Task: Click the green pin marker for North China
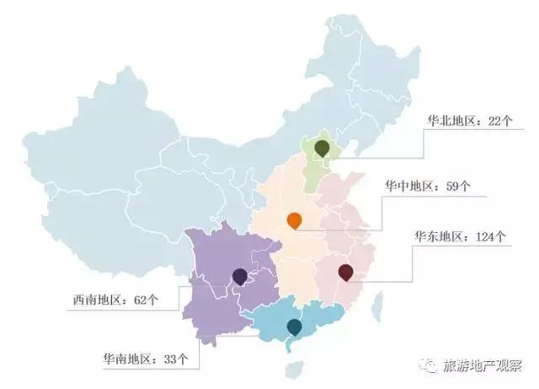321,149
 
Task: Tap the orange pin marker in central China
294,221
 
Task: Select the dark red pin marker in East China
344,272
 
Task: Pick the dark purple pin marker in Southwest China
239,276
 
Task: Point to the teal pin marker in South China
294,326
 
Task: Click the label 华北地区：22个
469,122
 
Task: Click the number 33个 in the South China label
174,359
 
